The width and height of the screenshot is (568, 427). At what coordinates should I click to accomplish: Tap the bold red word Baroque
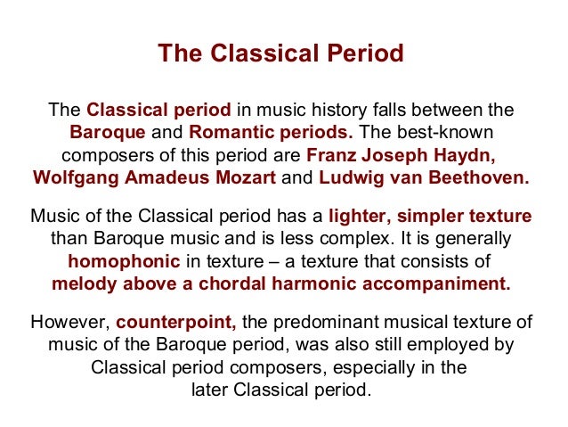pyautogui.click(x=108, y=133)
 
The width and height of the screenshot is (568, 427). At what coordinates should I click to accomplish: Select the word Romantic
pyautogui.click(x=230, y=133)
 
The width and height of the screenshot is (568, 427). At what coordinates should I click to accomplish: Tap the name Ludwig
pyautogui.click(x=349, y=176)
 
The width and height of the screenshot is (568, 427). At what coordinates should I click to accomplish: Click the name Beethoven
pyautogui.click(x=475, y=176)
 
